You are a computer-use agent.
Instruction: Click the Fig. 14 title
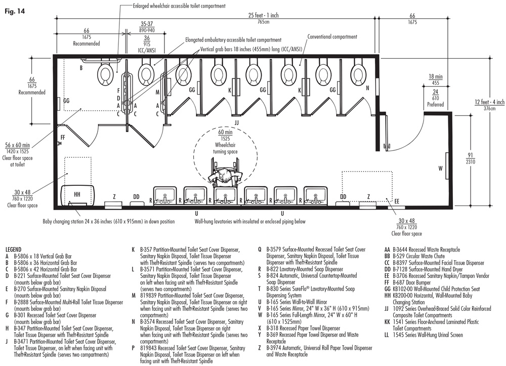coord(14,10)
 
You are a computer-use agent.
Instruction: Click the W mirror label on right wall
coord(440,168)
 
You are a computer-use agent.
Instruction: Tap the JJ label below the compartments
coord(237,123)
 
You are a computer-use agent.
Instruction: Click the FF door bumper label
coord(63,137)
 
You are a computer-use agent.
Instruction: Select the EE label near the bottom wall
coord(397,201)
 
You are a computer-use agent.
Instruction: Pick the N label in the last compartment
coord(367,88)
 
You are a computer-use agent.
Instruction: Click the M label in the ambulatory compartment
coord(158,92)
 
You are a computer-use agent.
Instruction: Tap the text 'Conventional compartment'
coord(332,37)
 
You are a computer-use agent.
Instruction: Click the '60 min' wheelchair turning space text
coord(225,133)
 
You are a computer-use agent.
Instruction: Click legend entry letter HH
coord(388,295)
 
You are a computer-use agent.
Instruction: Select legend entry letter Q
coord(260,250)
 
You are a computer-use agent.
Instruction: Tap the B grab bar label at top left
coord(80,67)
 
